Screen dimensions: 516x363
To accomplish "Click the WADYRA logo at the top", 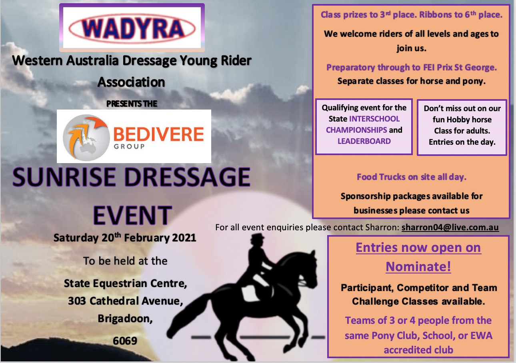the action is point(132,28).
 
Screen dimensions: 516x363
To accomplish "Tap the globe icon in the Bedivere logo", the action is point(86,138).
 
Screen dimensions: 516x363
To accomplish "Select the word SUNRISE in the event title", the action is point(64,177).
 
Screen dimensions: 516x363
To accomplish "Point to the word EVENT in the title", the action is point(132,215).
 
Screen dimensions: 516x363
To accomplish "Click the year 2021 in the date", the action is point(184,238).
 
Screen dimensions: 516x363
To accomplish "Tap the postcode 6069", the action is point(125,341).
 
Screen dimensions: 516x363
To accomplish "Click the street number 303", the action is point(77,301).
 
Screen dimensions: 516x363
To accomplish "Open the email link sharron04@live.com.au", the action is point(450,227).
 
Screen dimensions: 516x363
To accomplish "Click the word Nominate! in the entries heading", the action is point(418,267).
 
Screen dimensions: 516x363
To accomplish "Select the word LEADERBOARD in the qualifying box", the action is point(364,141).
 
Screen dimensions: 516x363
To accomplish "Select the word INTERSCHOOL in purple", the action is point(374,119).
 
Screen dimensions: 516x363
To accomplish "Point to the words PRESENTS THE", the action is point(132,104).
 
